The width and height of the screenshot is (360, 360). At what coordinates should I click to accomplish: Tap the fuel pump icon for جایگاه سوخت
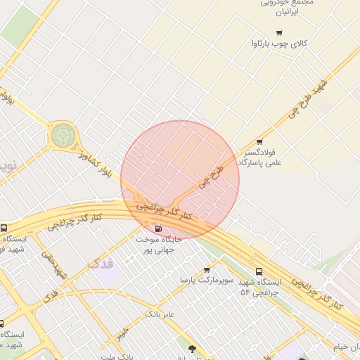pyautogui.click(x=157, y=228)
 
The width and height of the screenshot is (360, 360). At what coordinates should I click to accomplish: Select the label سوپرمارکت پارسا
pyautogui.click(x=205, y=280)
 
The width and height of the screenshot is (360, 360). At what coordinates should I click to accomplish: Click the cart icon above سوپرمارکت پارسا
pyautogui.click(x=207, y=269)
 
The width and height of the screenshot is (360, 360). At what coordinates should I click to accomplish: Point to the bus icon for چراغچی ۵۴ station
pyautogui.click(x=259, y=271)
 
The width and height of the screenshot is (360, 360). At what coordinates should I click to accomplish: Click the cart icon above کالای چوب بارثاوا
pyautogui.click(x=279, y=32)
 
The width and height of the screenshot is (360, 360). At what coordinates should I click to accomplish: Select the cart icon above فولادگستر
pyautogui.click(x=259, y=141)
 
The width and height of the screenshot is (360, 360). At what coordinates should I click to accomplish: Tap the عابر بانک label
pyautogui.click(x=160, y=313)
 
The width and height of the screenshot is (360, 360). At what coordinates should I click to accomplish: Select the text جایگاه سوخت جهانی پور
pyautogui.click(x=159, y=245)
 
